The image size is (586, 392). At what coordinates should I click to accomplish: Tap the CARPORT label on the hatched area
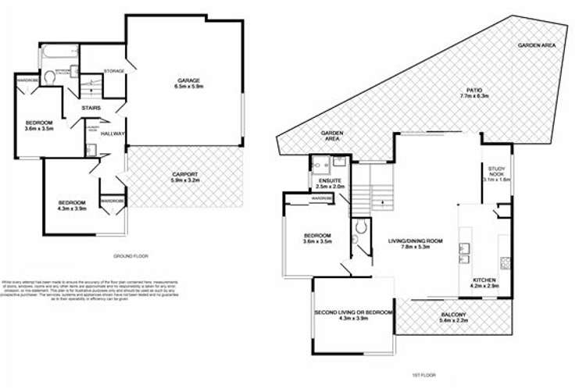(x=184, y=178)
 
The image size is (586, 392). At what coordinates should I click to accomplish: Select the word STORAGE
(x=115, y=72)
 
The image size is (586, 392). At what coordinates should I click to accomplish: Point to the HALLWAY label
(x=113, y=134)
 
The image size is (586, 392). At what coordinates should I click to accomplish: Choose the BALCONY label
(x=453, y=317)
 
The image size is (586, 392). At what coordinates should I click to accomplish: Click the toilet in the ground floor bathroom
(x=48, y=76)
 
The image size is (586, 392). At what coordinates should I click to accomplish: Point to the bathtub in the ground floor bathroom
(x=54, y=53)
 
